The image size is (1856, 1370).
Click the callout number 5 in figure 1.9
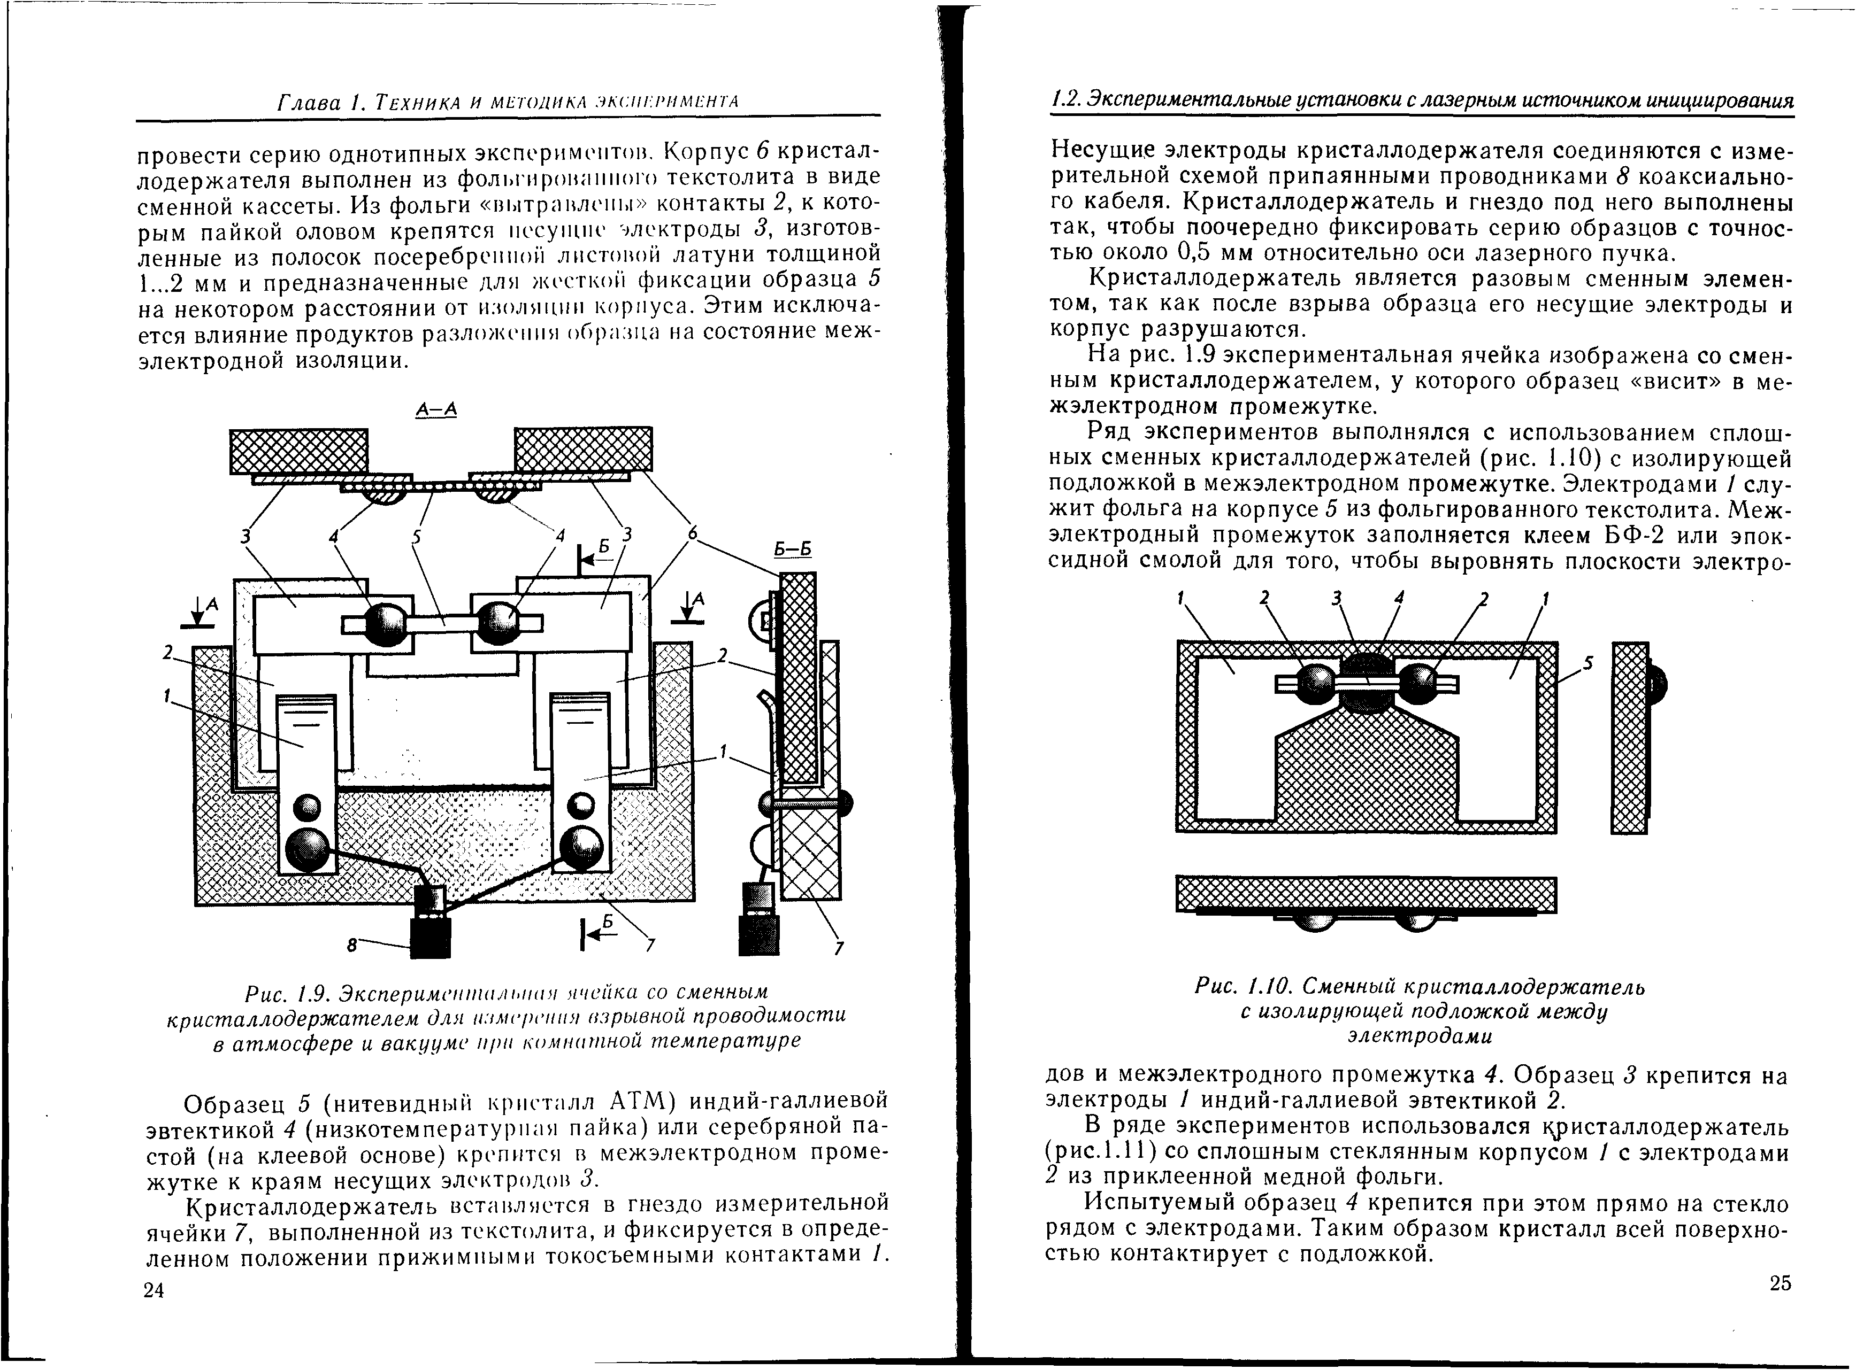[415, 537]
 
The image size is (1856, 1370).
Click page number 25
[1780, 1283]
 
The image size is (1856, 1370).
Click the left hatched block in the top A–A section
[298, 451]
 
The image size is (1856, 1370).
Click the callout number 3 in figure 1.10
[1335, 599]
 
